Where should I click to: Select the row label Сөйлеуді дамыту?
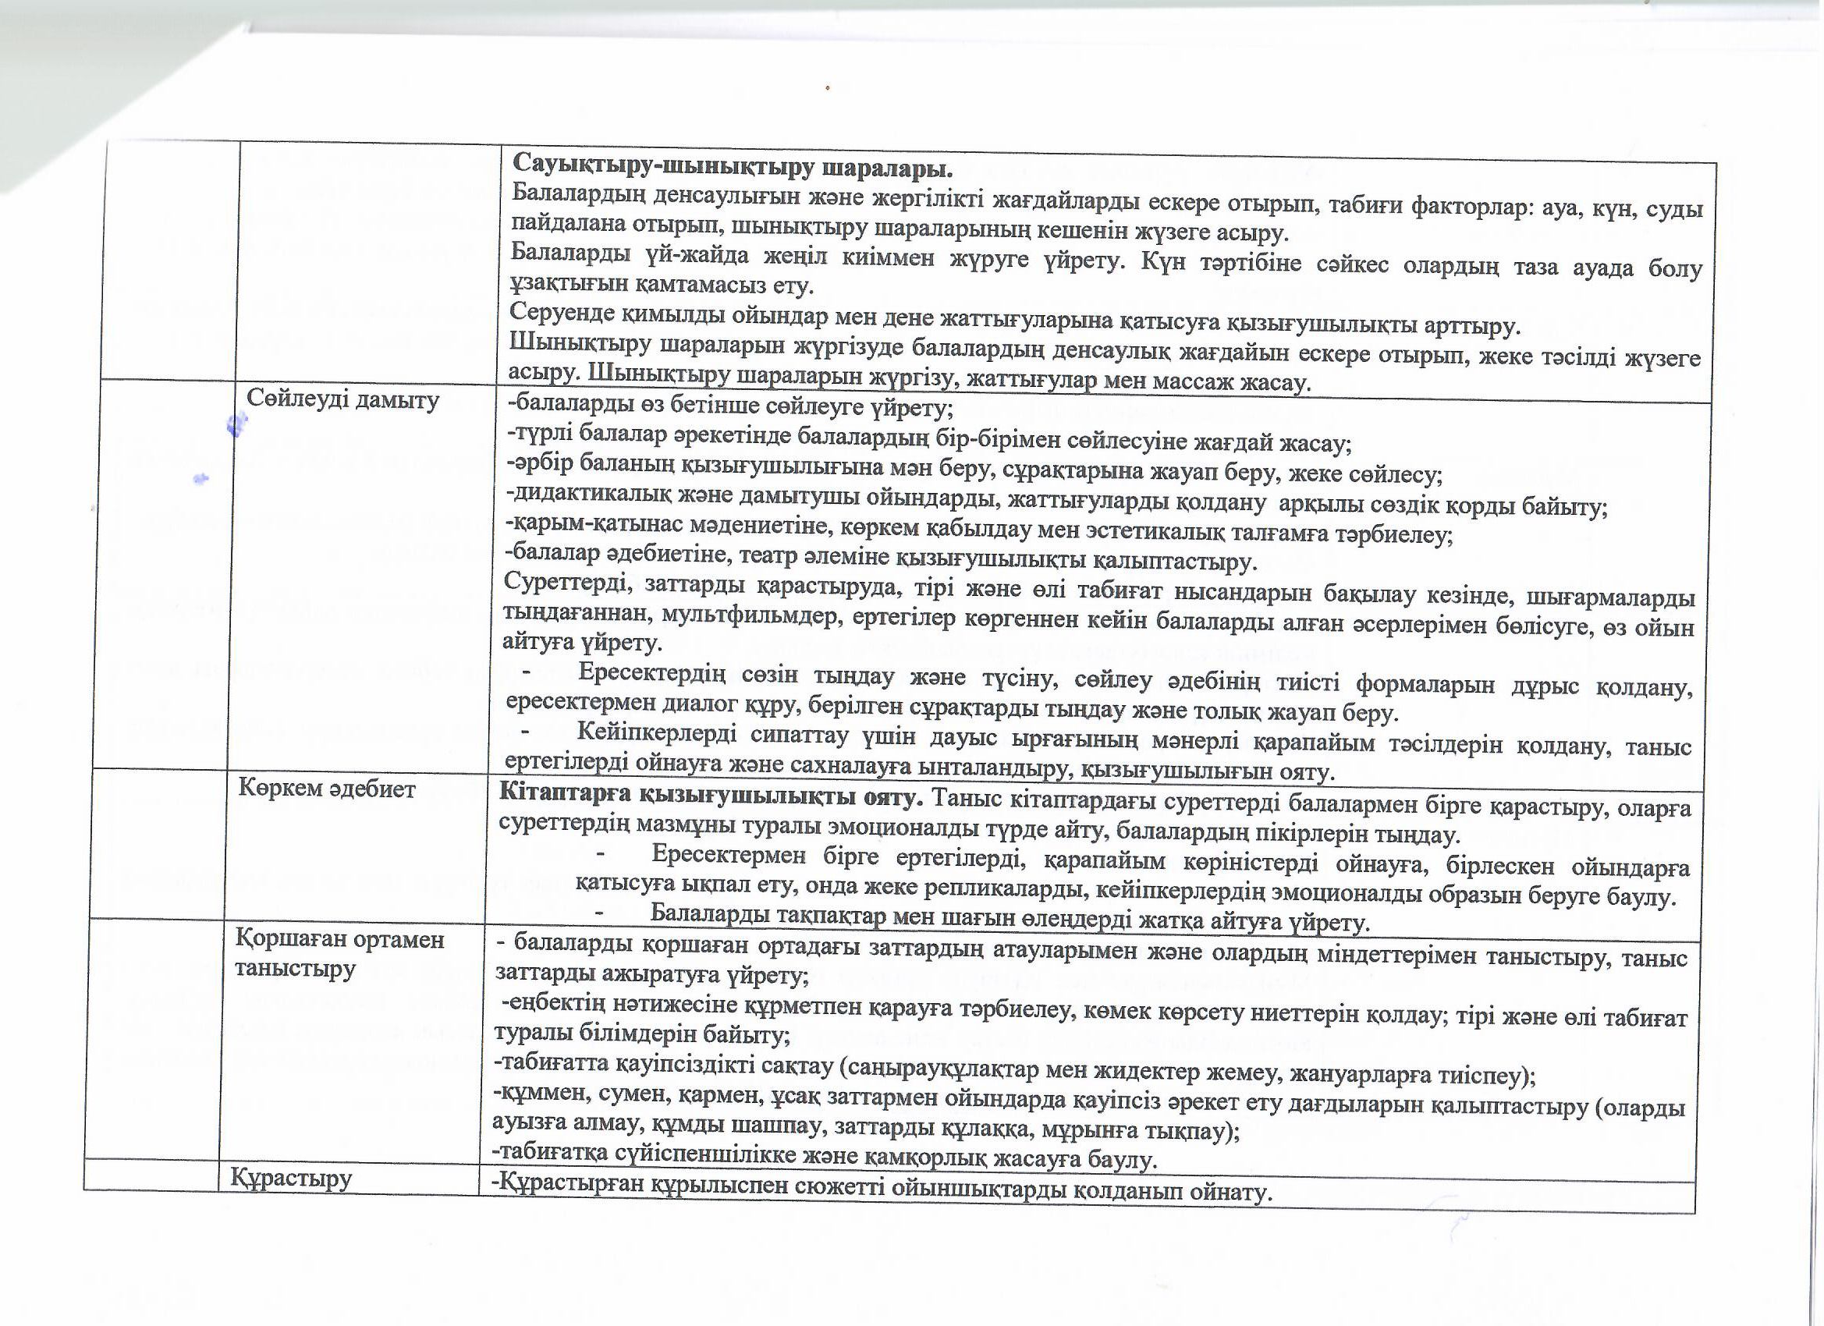pyautogui.click(x=342, y=399)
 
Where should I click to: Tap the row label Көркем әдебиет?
pyautogui.click(x=327, y=789)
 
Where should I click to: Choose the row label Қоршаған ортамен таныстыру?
pyautogui.click(x=339, y=954)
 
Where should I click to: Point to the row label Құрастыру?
pyautogui.click(x=291, y=1179)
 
